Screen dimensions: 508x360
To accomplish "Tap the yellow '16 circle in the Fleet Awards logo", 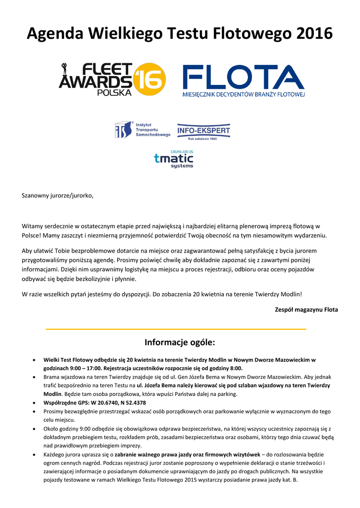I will [149, 79].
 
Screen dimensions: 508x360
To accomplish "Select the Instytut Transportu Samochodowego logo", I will [143, 129].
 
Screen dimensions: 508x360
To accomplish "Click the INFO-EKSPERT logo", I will [204, 131].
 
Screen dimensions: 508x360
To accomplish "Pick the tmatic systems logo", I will [173, 159].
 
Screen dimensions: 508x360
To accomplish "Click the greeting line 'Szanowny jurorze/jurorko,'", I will [58, 195].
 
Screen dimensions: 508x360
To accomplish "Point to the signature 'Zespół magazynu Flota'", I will [306, 310].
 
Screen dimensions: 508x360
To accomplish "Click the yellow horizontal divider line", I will [176, 329].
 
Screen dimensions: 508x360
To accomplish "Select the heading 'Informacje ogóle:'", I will [180, 342].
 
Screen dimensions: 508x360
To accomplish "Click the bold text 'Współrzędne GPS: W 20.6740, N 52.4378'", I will [94, 403].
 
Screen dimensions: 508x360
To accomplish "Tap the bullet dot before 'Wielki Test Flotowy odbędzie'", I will [33, 360].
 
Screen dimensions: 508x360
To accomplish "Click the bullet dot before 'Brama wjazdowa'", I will [33, 377].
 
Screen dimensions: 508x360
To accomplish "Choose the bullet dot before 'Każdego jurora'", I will [33, 454].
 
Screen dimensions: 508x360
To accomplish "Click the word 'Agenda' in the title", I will [55, 34].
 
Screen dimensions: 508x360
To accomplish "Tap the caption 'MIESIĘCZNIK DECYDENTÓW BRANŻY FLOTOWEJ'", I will [244, 94].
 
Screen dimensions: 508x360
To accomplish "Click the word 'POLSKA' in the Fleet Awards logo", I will [114, 92].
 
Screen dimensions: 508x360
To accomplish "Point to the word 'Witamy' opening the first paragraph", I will [32, 226].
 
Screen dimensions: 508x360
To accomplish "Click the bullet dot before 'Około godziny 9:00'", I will [33, 429].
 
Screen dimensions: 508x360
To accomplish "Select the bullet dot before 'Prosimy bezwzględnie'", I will [33, 411].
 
